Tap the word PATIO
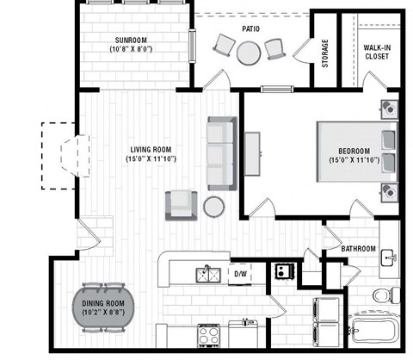click(250, 28)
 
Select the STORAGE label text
click(324, 53)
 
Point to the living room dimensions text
click(151, 158)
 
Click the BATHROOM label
click(358, 249)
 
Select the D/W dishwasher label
click(240, 275)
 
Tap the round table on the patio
click(250, 53)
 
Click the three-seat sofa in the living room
click(220, 153)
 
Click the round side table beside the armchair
click(213, 206)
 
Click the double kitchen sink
click(206, 274)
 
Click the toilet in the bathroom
click(380, 295)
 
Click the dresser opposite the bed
click(255, 155)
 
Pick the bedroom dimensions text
click(354, 160)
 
